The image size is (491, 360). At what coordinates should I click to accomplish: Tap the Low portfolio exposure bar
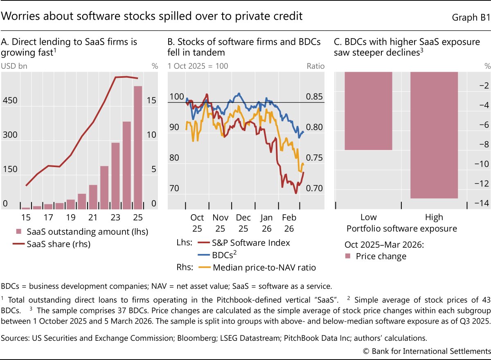click(368, 111)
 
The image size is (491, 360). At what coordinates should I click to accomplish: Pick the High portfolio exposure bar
click(434, 135)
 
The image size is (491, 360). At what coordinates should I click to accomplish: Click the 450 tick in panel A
click(10, 101)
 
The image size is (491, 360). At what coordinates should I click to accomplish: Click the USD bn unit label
click(14, 66)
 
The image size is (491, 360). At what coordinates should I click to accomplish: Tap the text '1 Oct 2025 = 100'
click(198, 66)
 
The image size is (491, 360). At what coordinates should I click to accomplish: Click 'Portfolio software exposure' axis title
click(401, 229)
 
